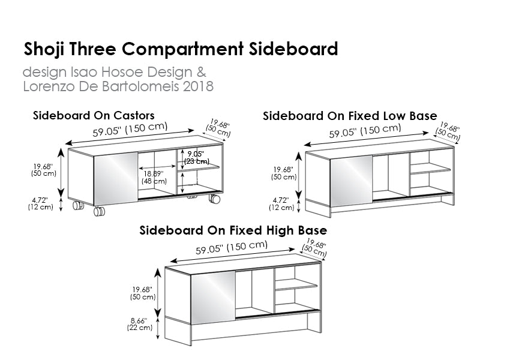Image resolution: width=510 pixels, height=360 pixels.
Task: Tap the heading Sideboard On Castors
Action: coord(94,115)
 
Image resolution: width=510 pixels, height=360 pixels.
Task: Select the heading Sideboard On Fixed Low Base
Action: coord(350,116)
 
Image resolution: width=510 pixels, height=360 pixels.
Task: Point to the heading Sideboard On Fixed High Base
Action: coord(233,230)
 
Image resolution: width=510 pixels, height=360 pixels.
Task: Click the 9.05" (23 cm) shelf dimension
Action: coord(196,157)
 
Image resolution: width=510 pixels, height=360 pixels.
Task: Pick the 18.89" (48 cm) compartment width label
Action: coord(154,177)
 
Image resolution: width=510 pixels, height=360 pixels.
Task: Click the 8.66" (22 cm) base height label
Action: coord(140,324)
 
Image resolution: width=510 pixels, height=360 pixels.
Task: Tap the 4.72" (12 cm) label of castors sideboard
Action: coord(40,203)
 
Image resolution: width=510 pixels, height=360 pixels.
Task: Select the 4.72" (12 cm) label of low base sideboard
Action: coord(281,204)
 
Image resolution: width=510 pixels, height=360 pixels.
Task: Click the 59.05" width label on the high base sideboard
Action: coord(232,247)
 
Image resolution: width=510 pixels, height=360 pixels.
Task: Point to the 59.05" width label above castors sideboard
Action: coord(130,130)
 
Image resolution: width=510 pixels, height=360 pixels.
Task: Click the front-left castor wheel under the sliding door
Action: coord(99,211)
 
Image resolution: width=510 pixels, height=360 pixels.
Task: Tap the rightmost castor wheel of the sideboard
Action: coord(214,199)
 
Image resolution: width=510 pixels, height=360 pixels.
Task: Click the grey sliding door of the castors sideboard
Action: coord(116,179)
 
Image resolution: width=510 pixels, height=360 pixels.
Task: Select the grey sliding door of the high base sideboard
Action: coord(213,298)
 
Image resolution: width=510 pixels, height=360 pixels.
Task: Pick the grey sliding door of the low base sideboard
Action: coord(351,181)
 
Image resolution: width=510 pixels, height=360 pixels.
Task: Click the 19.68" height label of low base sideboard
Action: coord(284,173)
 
